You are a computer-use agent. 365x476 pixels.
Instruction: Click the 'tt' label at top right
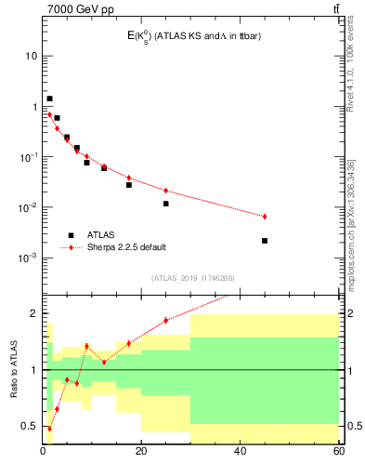pos(335,9)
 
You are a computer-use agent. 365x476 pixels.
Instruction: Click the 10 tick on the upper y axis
pos(31,56)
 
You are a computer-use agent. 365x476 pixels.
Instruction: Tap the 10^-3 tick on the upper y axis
pos(28,258)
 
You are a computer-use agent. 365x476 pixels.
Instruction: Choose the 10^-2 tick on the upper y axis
pos(28,207)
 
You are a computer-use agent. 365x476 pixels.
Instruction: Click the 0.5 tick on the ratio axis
pos(29,426)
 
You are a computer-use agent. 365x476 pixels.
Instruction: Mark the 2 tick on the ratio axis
pos(33,313)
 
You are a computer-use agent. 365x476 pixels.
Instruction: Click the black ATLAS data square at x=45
pos(265,241)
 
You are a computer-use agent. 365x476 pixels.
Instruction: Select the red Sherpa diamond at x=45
pos(265,217)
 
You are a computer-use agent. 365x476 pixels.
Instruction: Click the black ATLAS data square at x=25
pos(166,204)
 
